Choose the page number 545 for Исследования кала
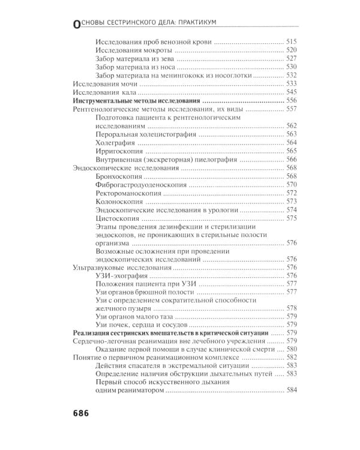click(x=292, y=92)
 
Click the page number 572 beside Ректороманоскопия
click(x=292, y=194)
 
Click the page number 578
click(x=292, y=308)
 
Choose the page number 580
click(x=292, y=349)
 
